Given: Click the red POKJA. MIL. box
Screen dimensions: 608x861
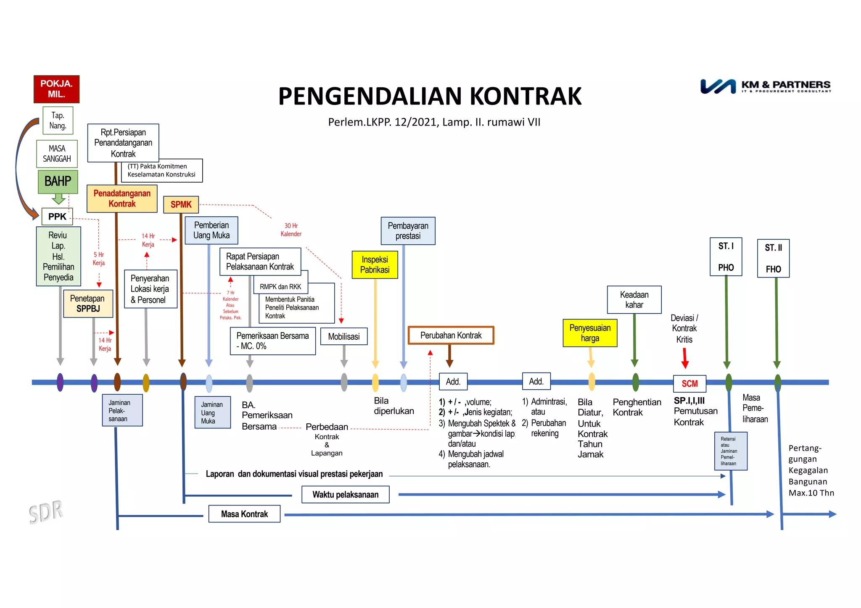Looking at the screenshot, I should (56, 89).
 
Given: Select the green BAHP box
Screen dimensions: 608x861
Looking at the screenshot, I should (58, 181).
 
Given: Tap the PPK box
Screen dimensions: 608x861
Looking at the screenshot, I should (57, 216).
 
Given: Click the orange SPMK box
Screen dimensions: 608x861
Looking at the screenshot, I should (181, 204).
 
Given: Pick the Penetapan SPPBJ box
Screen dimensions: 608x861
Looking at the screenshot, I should (88, 303).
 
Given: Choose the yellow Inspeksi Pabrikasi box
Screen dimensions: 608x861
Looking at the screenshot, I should (375, 265).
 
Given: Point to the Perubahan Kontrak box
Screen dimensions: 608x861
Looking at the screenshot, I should (451, 335).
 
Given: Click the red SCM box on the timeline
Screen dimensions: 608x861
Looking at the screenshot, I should (689, 383).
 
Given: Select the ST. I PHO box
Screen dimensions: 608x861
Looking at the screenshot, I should (726, 257).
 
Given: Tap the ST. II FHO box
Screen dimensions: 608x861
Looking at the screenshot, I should (773, 258).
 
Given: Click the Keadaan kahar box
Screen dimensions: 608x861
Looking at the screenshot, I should (634, 299).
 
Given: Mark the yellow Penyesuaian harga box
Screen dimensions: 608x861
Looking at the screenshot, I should (590, 333).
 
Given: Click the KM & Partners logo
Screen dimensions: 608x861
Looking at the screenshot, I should (765, 86).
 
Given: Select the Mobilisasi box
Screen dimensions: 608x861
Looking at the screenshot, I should (343, 336).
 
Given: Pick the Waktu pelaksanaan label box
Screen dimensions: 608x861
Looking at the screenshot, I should (345, 494).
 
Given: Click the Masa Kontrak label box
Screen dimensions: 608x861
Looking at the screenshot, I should (244, 514).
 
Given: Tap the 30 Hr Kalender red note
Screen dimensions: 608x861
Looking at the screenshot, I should (291, 230).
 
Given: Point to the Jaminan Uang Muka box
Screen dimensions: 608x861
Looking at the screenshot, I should (212, 412).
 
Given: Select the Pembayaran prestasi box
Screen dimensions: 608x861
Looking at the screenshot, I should (408, 231).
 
